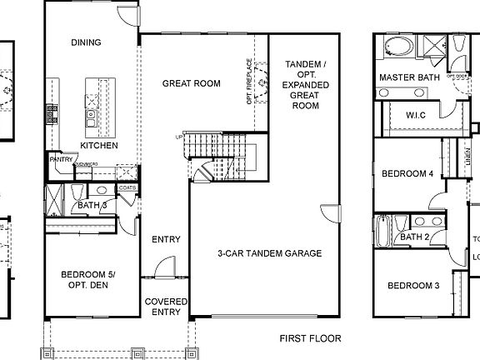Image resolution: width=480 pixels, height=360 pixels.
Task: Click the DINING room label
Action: point(86,42)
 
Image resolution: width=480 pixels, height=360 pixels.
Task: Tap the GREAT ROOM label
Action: point(191,83)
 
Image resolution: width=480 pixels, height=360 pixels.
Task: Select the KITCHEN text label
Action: point(98,145)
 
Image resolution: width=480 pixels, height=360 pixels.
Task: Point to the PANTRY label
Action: point(58,158)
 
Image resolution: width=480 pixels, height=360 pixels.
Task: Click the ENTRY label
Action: point(167,240)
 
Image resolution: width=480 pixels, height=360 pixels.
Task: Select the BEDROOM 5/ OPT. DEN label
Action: point(87,279)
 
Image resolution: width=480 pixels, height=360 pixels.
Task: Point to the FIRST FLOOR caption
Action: point(310,339)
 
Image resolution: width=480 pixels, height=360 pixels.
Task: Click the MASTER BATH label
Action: point(408,77)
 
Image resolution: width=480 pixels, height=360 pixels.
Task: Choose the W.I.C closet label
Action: point(417,115)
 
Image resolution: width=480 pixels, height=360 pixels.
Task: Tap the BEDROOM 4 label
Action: point(407,174)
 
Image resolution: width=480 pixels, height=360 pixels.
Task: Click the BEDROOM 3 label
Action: point(413,286)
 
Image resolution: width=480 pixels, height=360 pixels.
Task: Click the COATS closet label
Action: point(127,187)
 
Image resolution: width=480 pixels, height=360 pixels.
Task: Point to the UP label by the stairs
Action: point(178,137)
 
